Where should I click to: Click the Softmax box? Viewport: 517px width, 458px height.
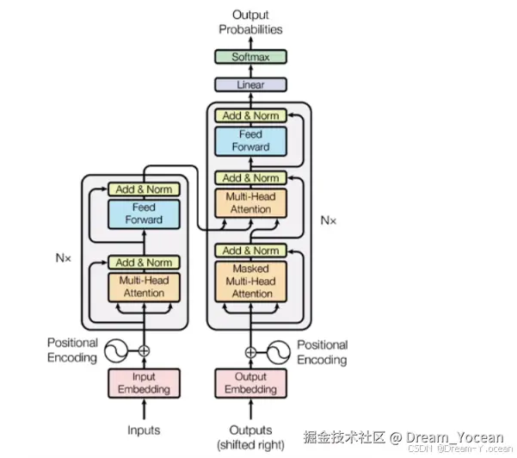point(250,58)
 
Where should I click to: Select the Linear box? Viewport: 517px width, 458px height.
point(250,85)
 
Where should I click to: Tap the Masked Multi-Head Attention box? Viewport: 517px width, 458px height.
point(250,282)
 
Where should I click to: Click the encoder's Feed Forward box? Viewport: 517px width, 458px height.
point(144,214)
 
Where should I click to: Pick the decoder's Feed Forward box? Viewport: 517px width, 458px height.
point(250,141)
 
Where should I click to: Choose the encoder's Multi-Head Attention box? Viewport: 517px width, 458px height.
point(144,287)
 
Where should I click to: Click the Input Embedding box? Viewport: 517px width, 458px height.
point(144,383)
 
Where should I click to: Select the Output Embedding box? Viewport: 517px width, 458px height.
point(250,383)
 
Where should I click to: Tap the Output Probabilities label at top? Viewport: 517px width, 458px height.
point(250,22)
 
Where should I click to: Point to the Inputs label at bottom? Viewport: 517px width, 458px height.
point(144,430)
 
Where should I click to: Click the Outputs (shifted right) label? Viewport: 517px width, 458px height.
point(250,436)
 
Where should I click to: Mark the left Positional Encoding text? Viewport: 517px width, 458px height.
point(72,350)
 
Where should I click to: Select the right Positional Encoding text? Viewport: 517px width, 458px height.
point(322,352)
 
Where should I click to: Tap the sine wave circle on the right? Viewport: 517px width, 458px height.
point(279,351)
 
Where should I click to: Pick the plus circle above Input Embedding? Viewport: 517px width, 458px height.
point(144,350)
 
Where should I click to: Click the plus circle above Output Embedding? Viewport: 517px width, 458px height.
point(250,351)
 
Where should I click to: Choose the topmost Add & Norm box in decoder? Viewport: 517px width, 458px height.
point(250,115)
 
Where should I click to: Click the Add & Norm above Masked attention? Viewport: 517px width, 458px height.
point(250,251)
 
